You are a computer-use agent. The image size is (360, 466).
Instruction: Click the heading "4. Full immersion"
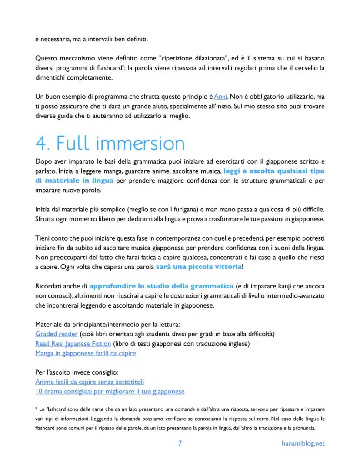[110, 143]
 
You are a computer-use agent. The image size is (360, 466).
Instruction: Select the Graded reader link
[57, 334]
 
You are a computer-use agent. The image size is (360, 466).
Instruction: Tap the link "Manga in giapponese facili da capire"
[85, 353]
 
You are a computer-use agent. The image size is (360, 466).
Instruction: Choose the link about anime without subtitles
[90, 382]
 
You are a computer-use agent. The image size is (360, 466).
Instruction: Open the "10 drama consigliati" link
[110, 391]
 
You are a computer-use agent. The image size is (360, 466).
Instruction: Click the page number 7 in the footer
[180, 443]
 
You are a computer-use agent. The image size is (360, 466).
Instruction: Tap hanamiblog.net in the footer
[303, 443]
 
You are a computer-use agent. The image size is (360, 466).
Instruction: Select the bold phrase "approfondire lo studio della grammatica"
[161, 286]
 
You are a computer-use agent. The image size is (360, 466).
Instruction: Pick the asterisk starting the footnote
[37, 409]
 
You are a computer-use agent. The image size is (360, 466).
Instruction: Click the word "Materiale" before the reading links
[50, 324]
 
